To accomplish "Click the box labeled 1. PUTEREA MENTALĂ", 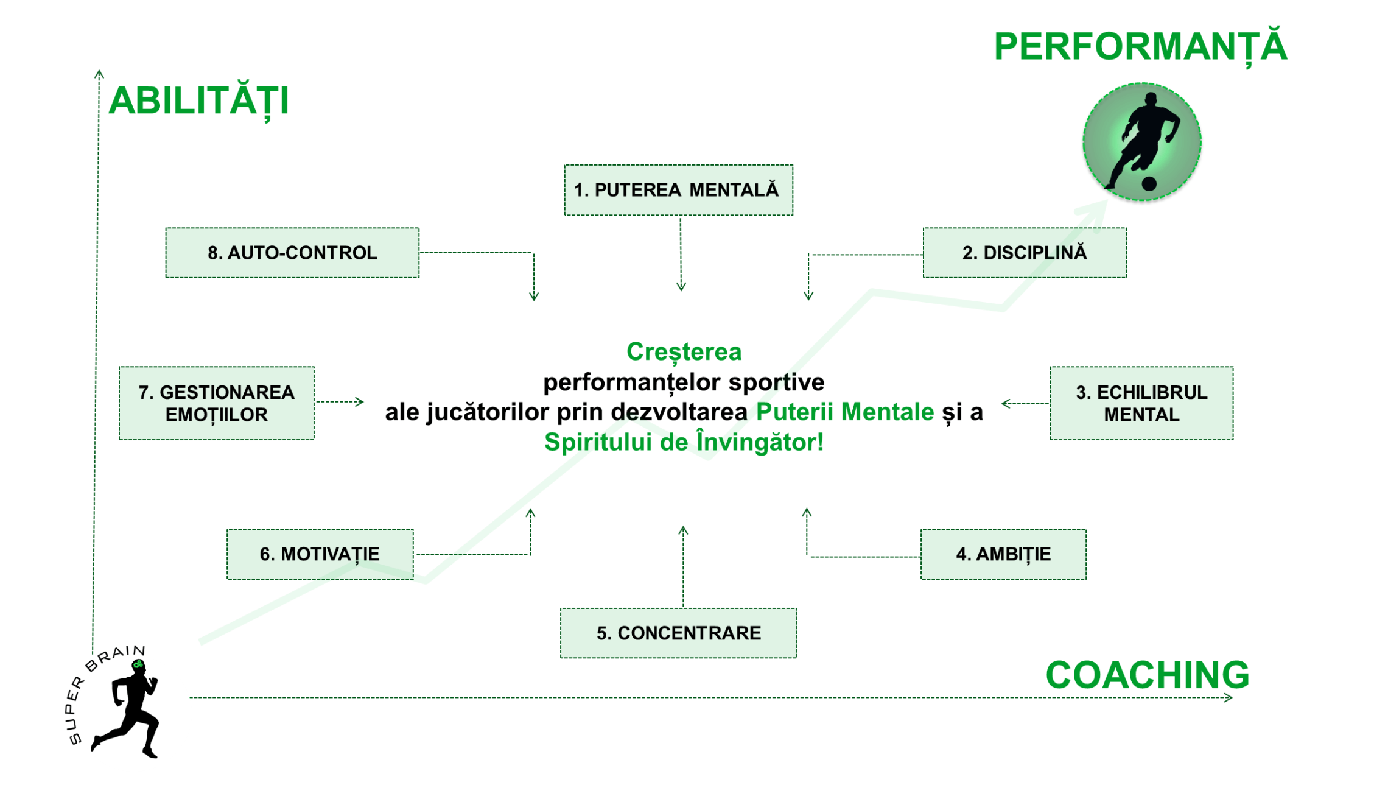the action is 678,189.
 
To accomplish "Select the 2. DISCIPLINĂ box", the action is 1025,253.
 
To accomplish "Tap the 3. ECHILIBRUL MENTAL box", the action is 1141,403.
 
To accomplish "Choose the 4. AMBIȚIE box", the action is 1003,554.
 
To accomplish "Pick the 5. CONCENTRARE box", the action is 678,633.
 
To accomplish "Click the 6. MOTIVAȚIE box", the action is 320,554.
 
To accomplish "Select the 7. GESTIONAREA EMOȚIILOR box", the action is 217,403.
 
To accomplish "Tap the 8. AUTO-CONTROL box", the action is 292,253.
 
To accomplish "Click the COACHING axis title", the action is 1147,675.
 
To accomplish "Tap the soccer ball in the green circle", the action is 1149,183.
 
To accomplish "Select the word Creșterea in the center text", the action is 684,351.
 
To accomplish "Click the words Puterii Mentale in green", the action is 845,412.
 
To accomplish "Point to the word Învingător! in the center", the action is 760,442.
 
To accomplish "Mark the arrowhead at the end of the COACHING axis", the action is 1228,697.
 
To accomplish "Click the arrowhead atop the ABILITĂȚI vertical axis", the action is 99,74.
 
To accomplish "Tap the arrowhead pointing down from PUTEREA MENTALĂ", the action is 681,286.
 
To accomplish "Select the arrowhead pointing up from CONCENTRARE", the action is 683,531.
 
